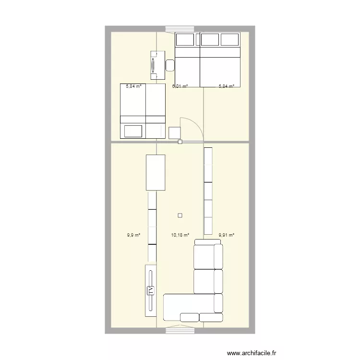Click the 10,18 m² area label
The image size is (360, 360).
pyautogui.click(x=179, y=235)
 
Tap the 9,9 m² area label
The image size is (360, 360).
pyautogui.click(x=134, y=235)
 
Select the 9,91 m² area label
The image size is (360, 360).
pyautogui.click(x=227, y=235)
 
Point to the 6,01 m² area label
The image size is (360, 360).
pyautogui.click(x=180, y=86)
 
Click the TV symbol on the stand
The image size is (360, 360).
pyautogui.click(x=150, y=290)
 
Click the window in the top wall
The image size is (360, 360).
pyautogui.click(x=180, y=29)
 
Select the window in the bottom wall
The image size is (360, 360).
pyautogui.click(x=180, y=330)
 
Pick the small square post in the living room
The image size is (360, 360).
pyautogui.click(x=180, y=216)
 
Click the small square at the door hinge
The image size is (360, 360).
pyautogui.click(x=180, y=142)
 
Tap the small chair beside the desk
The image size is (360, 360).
pyautogui.click(x=170, y=64)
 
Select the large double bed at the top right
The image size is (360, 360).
pyautogui.click(x=207, y=60)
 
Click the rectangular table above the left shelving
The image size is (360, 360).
pyautogui.click(x=156, y=172)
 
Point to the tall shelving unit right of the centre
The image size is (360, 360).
pyautogui.click(x=208, y=191)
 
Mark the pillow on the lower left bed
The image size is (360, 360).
pyautogui.click(x=133, y=131)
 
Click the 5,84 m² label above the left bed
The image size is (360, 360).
pyautogui.click(x=134, y=86)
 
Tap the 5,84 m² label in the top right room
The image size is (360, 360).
pyautogui.click(x=227, y=86)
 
